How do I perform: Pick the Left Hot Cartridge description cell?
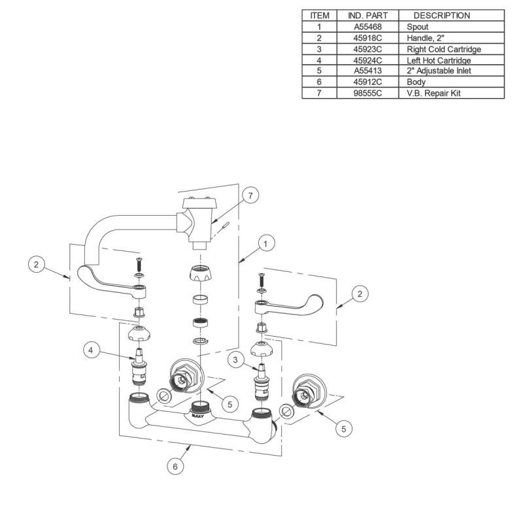[x=439, y=60]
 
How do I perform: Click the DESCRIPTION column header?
[x=441, y=15]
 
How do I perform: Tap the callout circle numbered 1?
[x=266, y=244]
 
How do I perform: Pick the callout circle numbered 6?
[x=175, y=466]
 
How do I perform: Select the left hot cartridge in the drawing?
[x=139, y=371]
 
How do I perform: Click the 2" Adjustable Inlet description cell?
[x=439, y=71]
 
